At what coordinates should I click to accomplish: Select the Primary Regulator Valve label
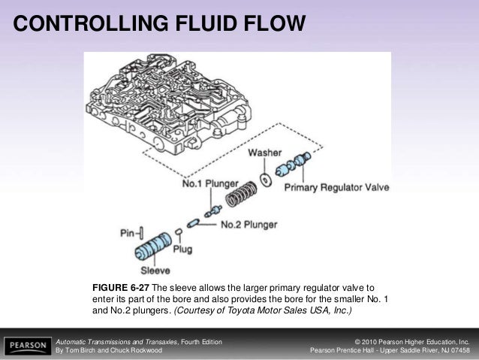[336, 188]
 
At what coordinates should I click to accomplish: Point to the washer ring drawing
[265, 179]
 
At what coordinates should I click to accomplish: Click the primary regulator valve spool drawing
[292, 165]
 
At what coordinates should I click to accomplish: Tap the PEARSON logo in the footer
[26, 346]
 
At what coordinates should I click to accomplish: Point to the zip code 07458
[457, 351]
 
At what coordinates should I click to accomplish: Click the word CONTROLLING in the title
[84, 25]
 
